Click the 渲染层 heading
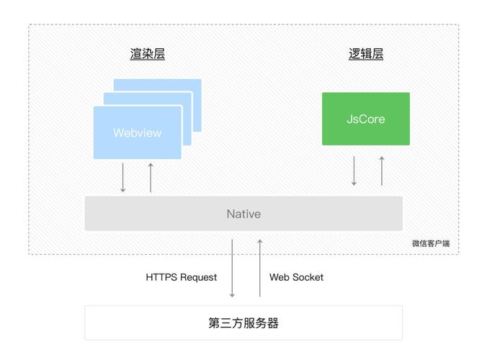point(148,55)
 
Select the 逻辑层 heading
point(366,55)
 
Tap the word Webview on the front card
point(137,133)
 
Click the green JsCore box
point(365,119)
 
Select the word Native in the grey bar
point(243,214)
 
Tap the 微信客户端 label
point(430,243)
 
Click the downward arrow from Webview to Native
point(123,178)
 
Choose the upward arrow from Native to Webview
point(151,178)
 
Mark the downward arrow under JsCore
point(354,171)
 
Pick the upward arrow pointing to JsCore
point(382,171)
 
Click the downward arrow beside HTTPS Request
point(232,269)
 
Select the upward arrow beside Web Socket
point(259,269)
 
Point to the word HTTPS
point(161,277)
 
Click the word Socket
point(308,277)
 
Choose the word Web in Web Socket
point(280,277)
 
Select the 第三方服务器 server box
point(243,323)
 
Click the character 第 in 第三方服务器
point(215,323)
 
